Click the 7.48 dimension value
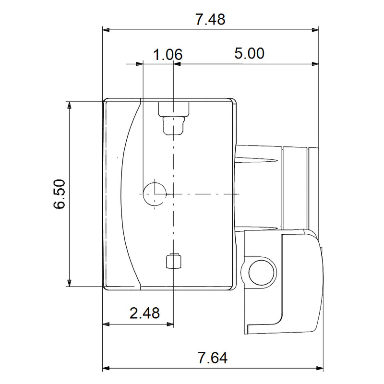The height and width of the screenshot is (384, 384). pyautogui.click(x=210, y=19)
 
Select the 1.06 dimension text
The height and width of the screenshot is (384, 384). pyautogui.click(x=168, y=54)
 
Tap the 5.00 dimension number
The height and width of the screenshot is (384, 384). pyautogui.click(x=249, y=53)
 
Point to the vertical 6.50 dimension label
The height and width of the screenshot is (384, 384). pyautogui.click(x=59, y=194)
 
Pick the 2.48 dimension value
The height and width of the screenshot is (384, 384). pyautogui.click(x=144, y=313)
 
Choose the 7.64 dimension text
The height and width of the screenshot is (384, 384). pyautogui.click(x=213, y=358)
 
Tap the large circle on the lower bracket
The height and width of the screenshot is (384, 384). pyautogui.click(x=262, y=273)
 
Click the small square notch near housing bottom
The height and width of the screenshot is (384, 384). pyautogui.click(x=173, y=261)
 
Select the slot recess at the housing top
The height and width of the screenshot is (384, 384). pyautogui.click(x=174, y=118)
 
